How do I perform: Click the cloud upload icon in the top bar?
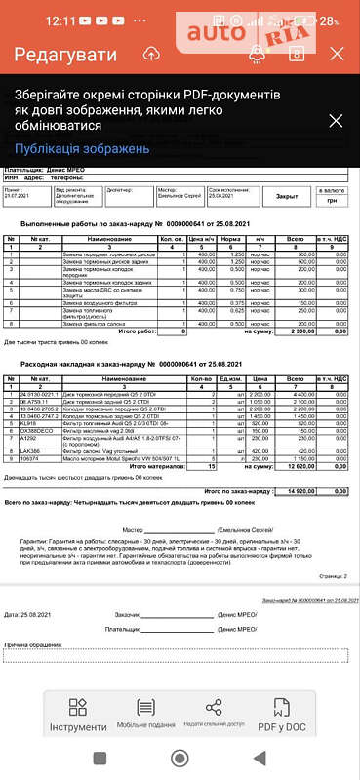151,55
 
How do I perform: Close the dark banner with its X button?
335,121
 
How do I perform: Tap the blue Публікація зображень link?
82,148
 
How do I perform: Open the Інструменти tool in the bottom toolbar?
78,715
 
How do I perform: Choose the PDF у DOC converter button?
282,715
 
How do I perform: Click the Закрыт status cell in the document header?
286,195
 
